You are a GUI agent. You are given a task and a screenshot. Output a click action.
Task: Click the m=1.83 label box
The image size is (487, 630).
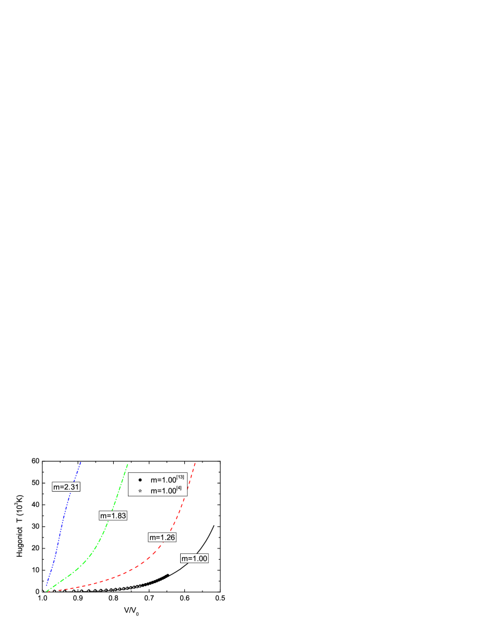pos(113,516)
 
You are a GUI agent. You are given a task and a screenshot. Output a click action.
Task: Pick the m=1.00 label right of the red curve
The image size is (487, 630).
pos(194,559)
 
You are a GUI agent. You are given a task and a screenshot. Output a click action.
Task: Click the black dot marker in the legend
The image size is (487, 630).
pos(140,480)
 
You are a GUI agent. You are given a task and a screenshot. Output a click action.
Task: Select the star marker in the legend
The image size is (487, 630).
pos(140,491)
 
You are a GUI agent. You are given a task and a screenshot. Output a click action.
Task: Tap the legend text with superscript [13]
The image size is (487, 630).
pos(167,480)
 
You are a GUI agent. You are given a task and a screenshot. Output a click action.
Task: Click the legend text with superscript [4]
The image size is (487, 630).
pos(166,491)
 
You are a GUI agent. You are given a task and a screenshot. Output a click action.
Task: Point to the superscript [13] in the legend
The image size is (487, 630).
pos(181,478)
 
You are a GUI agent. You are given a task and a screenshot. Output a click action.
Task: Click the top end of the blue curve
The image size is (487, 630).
pos(80,462)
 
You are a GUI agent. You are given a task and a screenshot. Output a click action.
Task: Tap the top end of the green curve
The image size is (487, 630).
pos(127,464)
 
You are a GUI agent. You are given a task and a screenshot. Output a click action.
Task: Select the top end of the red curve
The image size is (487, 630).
pos(195,463)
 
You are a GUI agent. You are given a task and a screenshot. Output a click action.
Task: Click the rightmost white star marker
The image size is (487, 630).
pos(140,585)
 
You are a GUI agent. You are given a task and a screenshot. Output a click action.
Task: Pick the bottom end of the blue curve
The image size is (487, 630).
pos(46,585)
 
